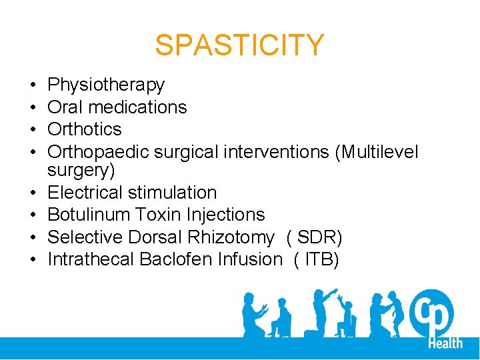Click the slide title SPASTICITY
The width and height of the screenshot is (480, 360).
pyautogui.click(x=239, y=45)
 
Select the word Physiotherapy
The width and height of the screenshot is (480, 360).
pyautogui.click(x=106, y=85)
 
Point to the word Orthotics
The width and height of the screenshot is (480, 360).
pyautogui.click(x=85, y=129)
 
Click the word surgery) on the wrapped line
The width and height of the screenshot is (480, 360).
pyautogui.click(x=81, y=170)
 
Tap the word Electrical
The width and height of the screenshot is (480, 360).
pyautogui.click(x=86, y=193)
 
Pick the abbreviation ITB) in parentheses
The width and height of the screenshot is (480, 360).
pyautogui.click(x=323, y=259)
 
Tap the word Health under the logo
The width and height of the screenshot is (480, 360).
pyautogui.click(x=445, y=343)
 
